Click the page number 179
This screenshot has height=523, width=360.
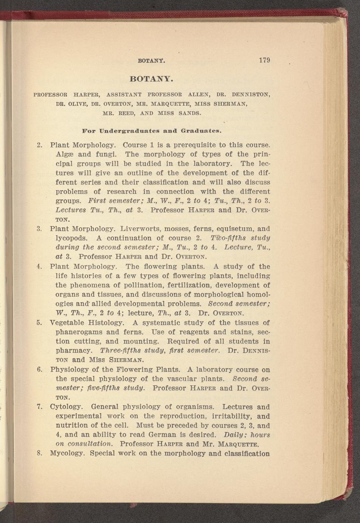[264, 60]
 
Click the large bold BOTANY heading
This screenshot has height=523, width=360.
[152, 79]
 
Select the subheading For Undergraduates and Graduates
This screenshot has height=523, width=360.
[152, 131]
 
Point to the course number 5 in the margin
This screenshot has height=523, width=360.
[39, 323]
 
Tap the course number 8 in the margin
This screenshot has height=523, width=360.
[39, 454]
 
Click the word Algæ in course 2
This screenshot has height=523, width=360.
[64, 154]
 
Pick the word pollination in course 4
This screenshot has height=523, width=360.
[147, 285]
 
